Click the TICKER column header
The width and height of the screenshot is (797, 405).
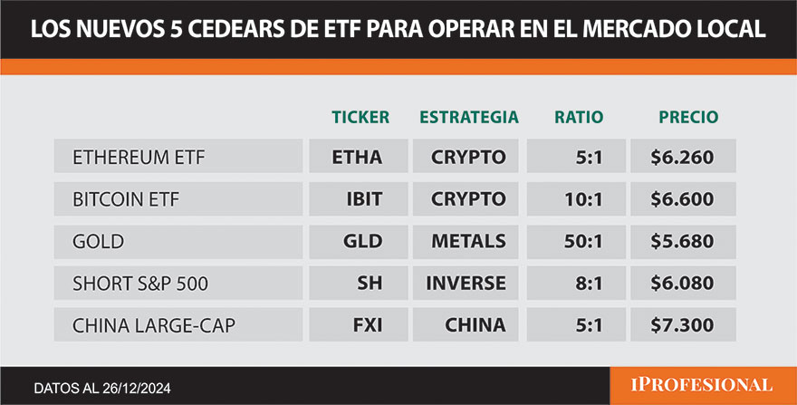click(360, 117)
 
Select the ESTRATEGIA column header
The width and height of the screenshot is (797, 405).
click(468, 117)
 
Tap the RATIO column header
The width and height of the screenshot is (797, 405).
click(579, 117)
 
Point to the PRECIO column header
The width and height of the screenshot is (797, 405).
click(687, 117)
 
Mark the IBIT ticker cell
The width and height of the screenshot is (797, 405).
click(360, 199)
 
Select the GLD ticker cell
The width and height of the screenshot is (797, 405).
click(360, 241)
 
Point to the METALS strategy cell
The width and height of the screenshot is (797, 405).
click(468, 241)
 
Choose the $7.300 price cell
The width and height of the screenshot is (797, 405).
click(682, 325)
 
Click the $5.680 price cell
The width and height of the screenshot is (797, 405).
click(682, 241)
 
